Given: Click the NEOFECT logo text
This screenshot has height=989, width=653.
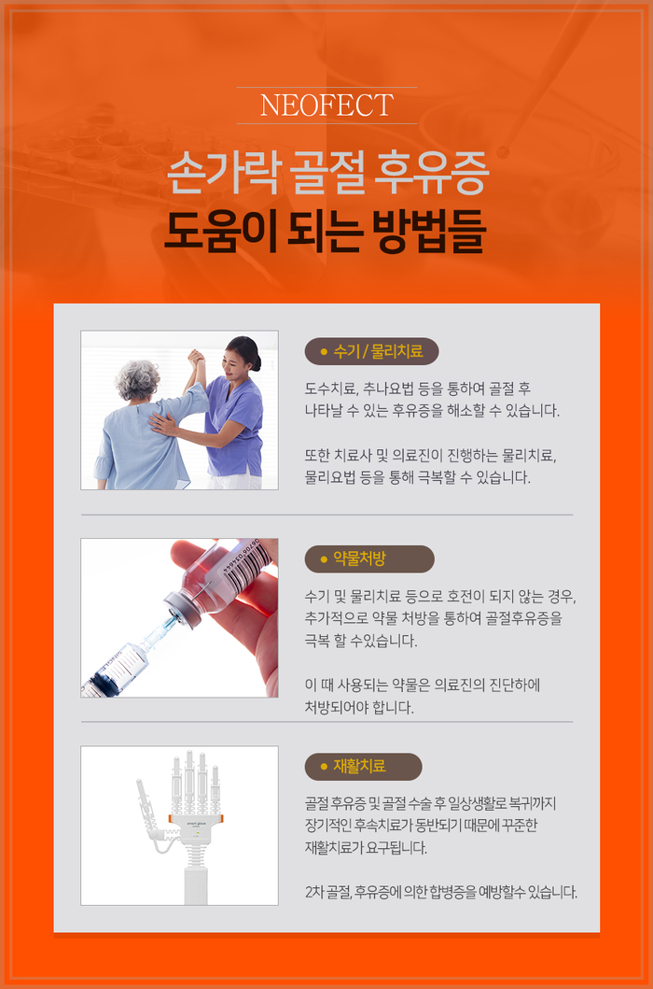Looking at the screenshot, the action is tap(326, 106).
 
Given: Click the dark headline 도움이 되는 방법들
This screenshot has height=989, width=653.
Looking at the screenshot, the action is tap(326, 233).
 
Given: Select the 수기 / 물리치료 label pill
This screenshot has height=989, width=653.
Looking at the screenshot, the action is tap(371, 351).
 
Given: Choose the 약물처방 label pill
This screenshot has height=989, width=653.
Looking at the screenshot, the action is tap(369, 558).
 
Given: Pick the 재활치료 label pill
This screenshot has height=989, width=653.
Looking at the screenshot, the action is tap(363, 767).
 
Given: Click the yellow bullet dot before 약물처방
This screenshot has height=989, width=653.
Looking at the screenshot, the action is tap(324, 559).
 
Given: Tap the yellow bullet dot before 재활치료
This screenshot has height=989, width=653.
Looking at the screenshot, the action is tap(324, 767).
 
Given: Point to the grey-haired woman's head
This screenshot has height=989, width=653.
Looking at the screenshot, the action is tap(137, 379).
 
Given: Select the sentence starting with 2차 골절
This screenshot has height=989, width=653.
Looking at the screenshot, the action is tap(440, 893).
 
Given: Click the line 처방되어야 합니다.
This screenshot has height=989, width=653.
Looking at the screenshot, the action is tap(359, 707).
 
